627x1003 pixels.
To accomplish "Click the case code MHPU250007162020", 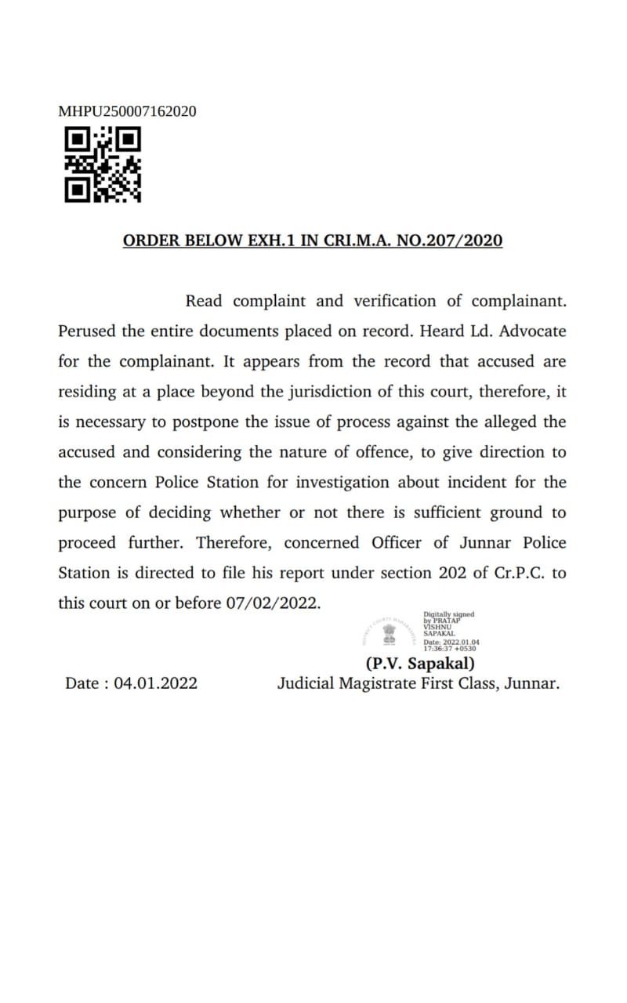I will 127,111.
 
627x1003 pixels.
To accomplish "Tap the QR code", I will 103,165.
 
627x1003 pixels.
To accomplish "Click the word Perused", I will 87,331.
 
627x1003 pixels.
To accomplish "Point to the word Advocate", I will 532,331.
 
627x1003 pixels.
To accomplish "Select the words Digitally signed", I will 448,615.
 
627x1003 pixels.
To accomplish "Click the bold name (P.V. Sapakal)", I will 421,663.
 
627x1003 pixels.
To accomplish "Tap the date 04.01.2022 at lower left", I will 155,683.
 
